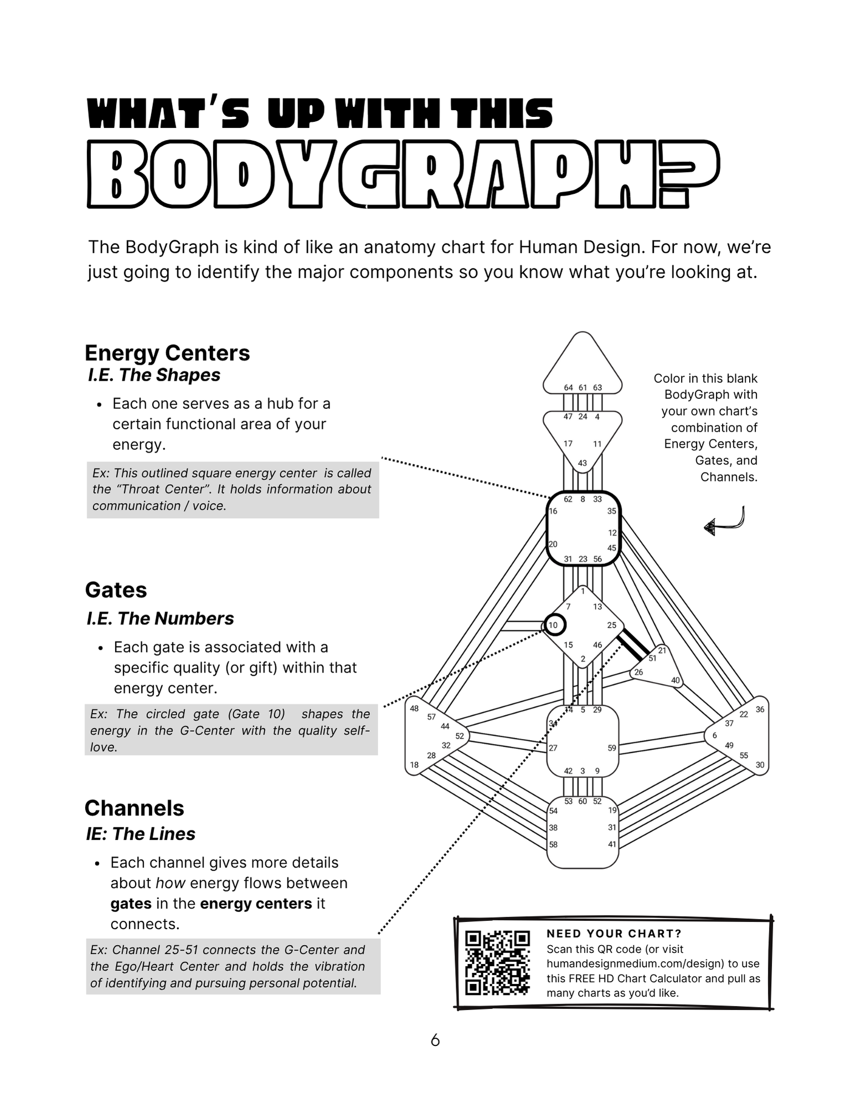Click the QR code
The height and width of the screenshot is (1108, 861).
497,962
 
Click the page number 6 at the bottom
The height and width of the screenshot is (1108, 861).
435,1040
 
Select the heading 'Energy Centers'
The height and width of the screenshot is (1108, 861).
167,353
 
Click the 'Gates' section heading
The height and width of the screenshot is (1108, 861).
116,590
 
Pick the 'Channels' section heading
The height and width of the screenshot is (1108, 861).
134,808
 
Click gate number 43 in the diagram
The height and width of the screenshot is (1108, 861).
582,463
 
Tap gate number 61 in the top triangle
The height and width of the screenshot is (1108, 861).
582,388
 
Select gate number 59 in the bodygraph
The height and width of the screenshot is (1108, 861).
612,748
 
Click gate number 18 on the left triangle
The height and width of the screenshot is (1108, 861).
414,765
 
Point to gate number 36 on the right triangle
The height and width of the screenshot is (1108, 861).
760,710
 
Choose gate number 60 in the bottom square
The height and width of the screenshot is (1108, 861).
582,802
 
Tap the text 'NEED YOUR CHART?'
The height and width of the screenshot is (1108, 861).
614,933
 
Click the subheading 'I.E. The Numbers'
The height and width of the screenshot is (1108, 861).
160,618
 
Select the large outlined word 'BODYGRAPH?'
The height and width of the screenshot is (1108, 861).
404,173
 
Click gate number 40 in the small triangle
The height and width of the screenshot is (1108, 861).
676,680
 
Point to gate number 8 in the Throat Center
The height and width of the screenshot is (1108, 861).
582,499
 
